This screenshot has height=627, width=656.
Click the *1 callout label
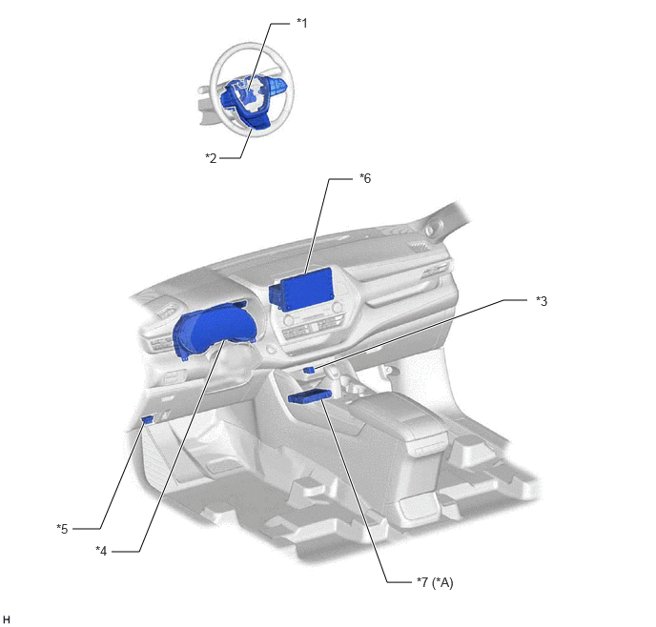[301, 23]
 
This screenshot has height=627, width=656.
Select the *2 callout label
[211, 158]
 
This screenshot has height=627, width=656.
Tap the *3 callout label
[542, 301]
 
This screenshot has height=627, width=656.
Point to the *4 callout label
[101, 551]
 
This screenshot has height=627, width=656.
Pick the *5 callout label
[62, 529]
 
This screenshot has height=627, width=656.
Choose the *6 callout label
[365, 178]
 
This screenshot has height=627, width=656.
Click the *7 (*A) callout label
[435, 582]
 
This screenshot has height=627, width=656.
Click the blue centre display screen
[307, 289]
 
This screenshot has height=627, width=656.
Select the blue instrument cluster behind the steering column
[214, 331]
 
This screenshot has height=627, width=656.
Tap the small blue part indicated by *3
[309, 370]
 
